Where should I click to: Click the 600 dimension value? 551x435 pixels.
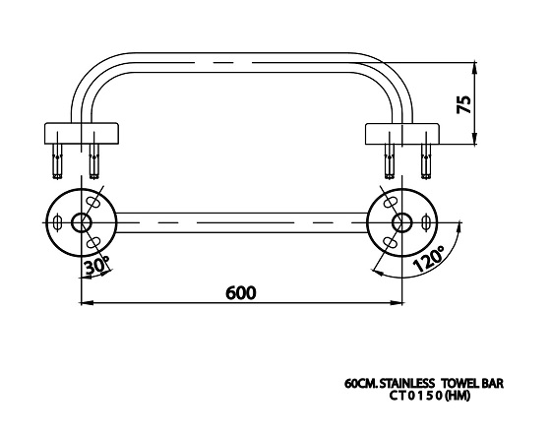(x=241, y=292)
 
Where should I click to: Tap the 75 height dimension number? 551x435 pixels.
(x=463, y=104)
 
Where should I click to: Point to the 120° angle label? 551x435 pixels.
(x=429, y=259)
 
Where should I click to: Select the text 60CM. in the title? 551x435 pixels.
(x=361, y=383)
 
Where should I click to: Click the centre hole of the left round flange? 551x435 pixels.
(x=82, y=222)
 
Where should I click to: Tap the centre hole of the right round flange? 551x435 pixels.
(x=402, y=222)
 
